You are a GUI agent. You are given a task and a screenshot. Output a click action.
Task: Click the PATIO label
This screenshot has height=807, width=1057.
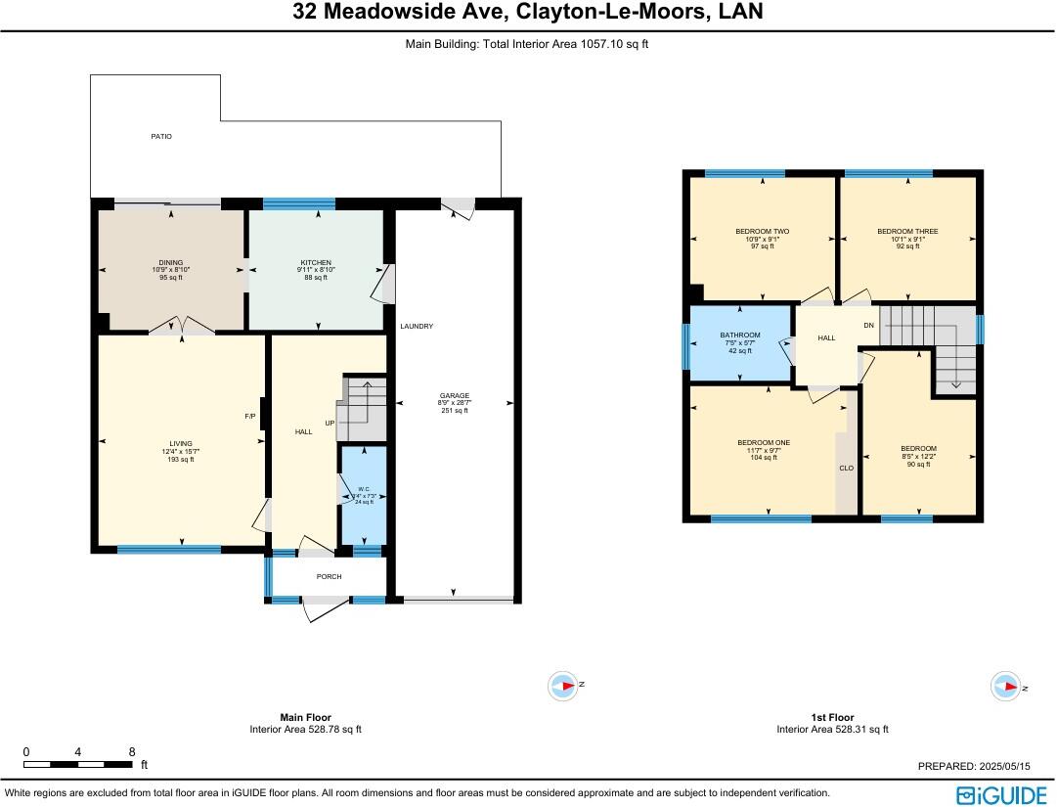tap(161, 136)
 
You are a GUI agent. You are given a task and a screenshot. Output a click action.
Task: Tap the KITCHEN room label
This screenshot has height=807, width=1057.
tap(315, 263)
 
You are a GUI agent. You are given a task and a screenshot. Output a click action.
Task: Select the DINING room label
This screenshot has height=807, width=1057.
tap(171, 263)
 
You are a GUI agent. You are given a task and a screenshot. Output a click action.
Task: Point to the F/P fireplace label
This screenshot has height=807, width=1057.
tap(250, 416)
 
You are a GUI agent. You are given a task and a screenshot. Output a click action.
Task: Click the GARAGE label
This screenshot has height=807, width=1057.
tap(454, 396)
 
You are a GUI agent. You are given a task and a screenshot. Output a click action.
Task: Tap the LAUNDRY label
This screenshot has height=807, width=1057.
tap(417, 326)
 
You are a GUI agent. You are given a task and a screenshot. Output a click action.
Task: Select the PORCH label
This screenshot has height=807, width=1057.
tap(330, 576)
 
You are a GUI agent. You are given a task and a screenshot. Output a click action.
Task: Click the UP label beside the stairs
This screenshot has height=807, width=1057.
tap(331, 423)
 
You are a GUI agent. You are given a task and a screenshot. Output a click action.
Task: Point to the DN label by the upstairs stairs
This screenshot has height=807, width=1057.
tap(868, 325)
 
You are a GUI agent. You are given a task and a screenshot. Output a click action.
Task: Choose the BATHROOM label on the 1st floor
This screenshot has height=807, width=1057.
tap(740, 336)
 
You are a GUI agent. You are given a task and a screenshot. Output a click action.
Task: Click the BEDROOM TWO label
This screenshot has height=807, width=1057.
tap(763, 232)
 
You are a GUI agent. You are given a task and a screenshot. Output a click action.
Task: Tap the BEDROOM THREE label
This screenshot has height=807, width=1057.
tap(907, 232)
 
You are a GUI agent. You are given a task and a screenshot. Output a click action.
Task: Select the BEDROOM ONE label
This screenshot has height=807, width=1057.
tap(764, 443)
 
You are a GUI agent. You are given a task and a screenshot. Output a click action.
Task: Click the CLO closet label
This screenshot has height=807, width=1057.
tap(847, 469)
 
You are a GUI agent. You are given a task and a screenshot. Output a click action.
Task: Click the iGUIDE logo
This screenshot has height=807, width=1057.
tap(1000, 793)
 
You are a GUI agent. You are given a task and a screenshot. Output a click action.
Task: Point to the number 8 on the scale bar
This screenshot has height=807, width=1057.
tap(132, 751)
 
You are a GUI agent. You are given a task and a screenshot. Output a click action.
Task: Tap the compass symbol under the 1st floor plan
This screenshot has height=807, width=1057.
tap(1004, 687)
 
